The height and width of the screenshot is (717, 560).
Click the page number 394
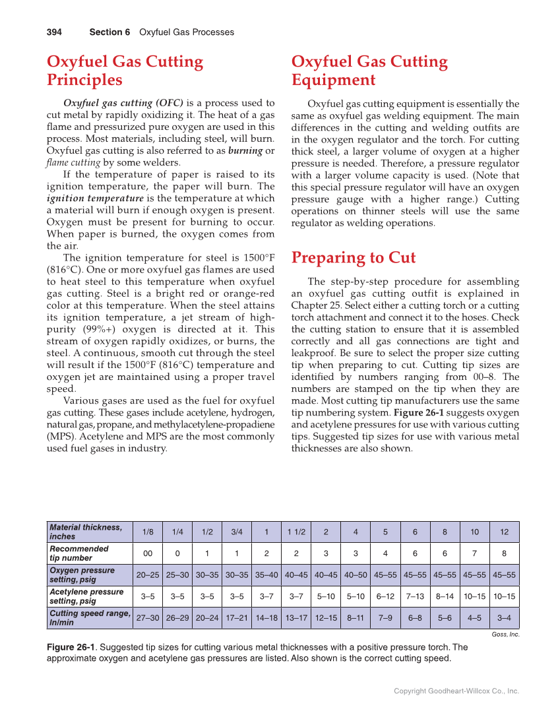point(54,32)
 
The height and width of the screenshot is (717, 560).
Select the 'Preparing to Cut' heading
point(354,257)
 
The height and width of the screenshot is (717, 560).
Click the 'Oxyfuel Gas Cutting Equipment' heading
point(369,71)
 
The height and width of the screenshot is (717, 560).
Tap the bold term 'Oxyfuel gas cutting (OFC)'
point(123,103)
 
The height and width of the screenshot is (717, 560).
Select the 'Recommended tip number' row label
point(79,553)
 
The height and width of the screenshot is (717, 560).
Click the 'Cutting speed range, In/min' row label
point(89,617)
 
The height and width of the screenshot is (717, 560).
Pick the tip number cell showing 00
point(148,553)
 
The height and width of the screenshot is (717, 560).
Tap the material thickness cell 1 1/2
point(296,532)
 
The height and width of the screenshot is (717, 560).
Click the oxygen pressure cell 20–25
point(148,575)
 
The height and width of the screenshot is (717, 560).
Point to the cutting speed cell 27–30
point(148,618)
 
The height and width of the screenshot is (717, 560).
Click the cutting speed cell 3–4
point(504,618)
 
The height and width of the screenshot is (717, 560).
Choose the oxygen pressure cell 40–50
point(356,575)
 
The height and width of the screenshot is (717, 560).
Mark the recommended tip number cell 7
point(474,553)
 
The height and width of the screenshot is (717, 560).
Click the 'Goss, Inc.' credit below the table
point(505,635)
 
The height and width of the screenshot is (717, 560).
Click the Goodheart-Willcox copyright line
point(456,691)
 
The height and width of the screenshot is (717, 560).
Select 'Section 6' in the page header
point(109,32)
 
